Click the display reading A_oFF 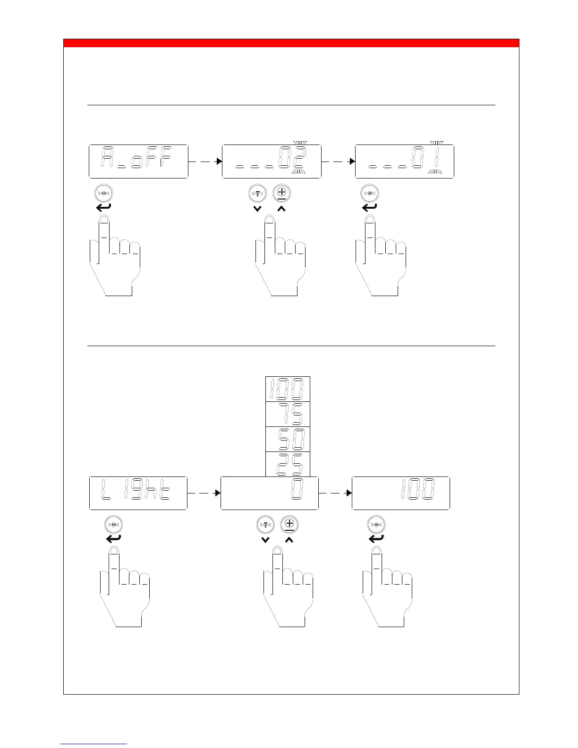click(x=138, y=161)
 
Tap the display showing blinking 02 click(x=272, y=161)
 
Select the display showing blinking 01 click(x=405, y=161)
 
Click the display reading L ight click(x=138, y=493)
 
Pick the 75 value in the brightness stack click(x=288, y=414)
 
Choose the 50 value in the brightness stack click(x=288, y=439)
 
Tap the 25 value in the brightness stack click(x=288, y=464)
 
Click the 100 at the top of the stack click(x=288, y=389)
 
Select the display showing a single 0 click(x=270, y=493)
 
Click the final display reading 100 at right click(x=401, y=493)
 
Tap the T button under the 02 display click(x=257, y=194)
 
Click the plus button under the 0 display click(x=289, y=525)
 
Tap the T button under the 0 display click(x=265, y=525)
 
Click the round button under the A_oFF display click(x=104, y=194)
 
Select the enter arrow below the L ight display click(x=113, y=538)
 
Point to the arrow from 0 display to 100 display click(x=335, y=493)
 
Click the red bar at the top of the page click(x=291, y=43)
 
